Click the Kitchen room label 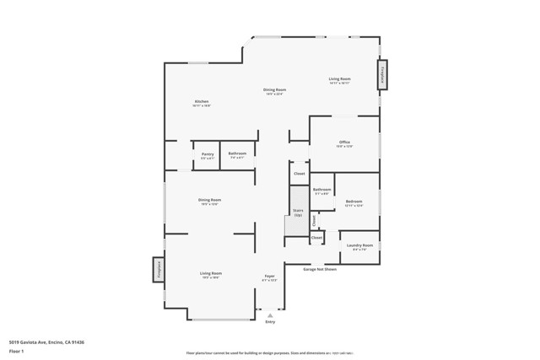click(x=201, y=102)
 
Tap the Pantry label click(x=208, y=154)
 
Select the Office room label click(x=344, y=142)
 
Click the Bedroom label click(x=354, y=201)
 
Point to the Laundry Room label click(x=359, y=245)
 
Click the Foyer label click(x=270, y=276)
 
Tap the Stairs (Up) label click(x=298, y=211)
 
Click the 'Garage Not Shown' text click(x=320, y=270)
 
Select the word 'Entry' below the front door click(x=270, y=322)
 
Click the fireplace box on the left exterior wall click(x=158, y=269)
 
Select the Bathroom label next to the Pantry click(x=237, y=154)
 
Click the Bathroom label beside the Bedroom click(x=322, y=190)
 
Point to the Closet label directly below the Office click(x=299, y=175)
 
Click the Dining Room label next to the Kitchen click(x=274, y=89)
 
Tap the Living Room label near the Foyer click(x=210, y=273)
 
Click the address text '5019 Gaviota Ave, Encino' click(x=46, y=342)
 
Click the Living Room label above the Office click(x=339, y=79)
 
